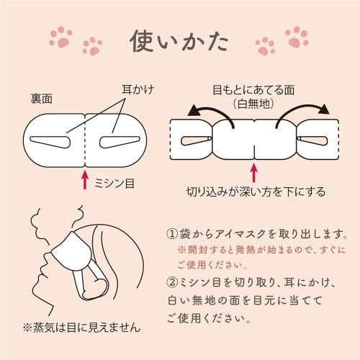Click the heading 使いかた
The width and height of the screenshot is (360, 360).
click(179, 41)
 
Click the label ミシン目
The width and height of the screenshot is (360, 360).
click(114, 184)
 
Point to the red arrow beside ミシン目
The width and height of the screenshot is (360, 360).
click(86, 179)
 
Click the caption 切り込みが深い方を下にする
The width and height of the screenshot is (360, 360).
click(253, 192)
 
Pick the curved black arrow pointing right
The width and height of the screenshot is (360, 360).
click(302, 114)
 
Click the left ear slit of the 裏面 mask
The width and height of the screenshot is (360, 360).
click(58, 137)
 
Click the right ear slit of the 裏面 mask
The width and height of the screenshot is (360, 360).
click(115, 137)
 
